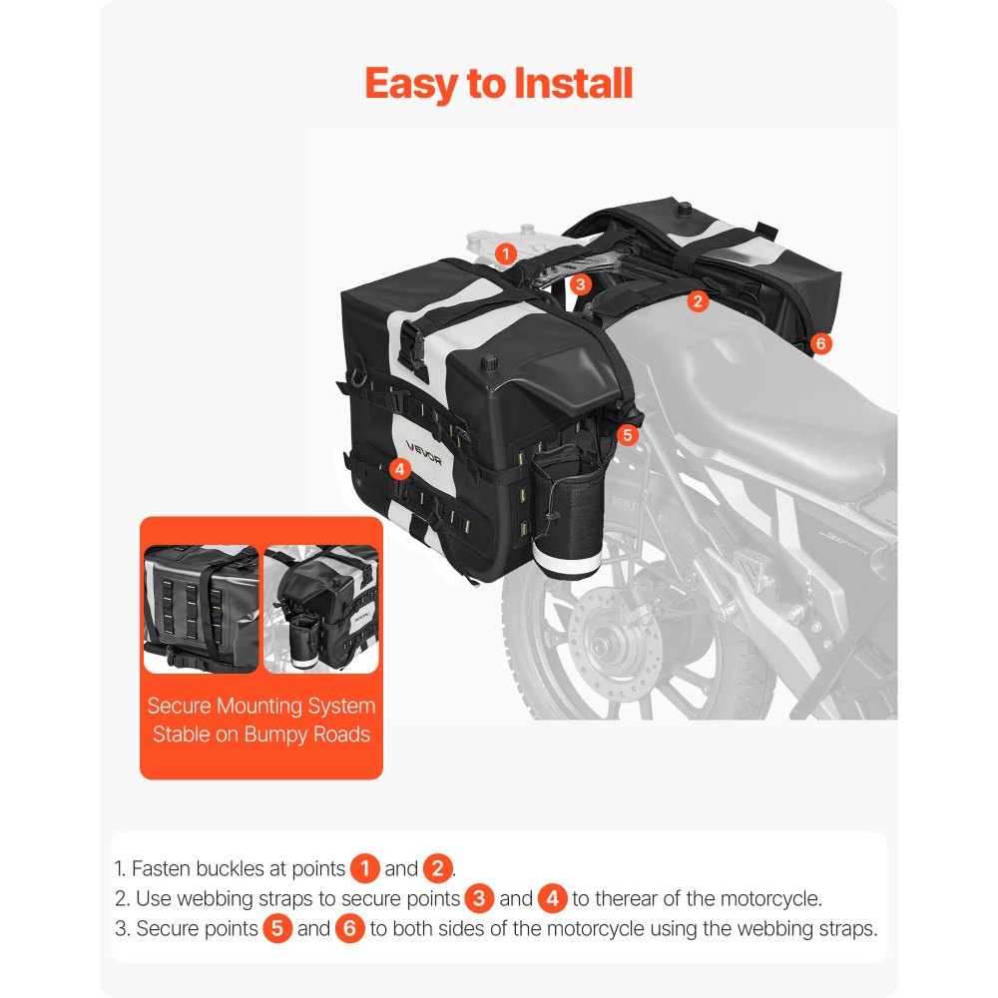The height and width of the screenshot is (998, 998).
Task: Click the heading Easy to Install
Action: click(x=499, y=84)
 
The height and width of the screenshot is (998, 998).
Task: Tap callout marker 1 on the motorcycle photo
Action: click(x=506, y=253)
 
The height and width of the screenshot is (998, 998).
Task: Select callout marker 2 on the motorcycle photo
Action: click(x=698, y=299)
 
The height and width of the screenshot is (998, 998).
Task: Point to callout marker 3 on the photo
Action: click(x=581, y=283)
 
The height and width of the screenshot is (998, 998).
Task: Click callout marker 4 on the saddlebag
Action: click(x=399, y=467)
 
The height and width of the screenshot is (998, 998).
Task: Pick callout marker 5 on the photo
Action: click(x=627, y=434)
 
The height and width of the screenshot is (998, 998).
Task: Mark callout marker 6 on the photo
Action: click(x=819, y=343)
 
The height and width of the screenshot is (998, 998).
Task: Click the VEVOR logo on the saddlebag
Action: click(x=424, y=445)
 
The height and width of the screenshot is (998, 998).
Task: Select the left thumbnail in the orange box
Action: click(x=201, y=609)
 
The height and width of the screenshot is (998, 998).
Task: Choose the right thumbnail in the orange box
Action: click(x=321, y=609)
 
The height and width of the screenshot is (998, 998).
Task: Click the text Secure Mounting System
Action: click(x=261, y=706)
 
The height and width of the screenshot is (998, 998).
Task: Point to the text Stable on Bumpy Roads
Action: click(x=261, y=735)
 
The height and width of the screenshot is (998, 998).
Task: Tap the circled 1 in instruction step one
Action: click(x=365, y=868)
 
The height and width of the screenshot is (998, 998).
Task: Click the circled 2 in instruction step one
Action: click(x=438, y=868)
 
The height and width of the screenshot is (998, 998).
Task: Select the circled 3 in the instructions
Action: click(x=479, y=898)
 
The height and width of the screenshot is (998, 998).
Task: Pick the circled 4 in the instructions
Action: click(x=552, y=898)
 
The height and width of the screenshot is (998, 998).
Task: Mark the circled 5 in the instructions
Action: click(x=277, y=928)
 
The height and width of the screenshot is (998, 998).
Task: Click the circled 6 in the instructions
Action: click(x=350, y=928)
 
